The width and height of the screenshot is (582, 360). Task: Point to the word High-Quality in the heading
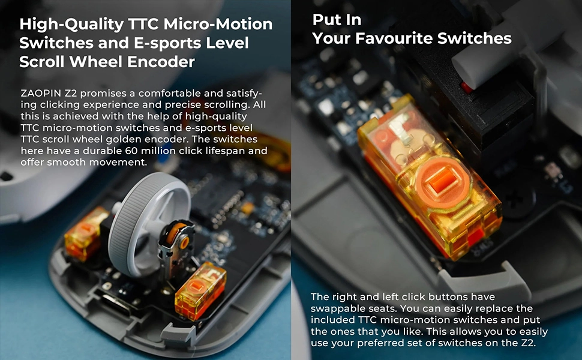coord(71,25)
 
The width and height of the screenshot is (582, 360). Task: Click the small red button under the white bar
coord(466,88)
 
